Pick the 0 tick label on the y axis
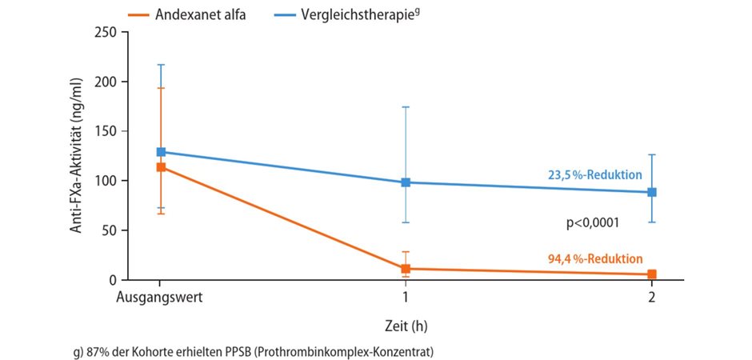tap(113, 280)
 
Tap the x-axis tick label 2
tap(652, 297)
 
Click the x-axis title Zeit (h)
tap(406, 326)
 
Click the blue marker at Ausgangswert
tap(161, 152)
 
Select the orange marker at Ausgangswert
tap(161, 167)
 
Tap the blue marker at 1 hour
tap(406, 182)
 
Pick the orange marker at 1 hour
tap(406, 269)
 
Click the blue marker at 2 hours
tap(652, 192)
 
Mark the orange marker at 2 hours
tap(652, 274)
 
